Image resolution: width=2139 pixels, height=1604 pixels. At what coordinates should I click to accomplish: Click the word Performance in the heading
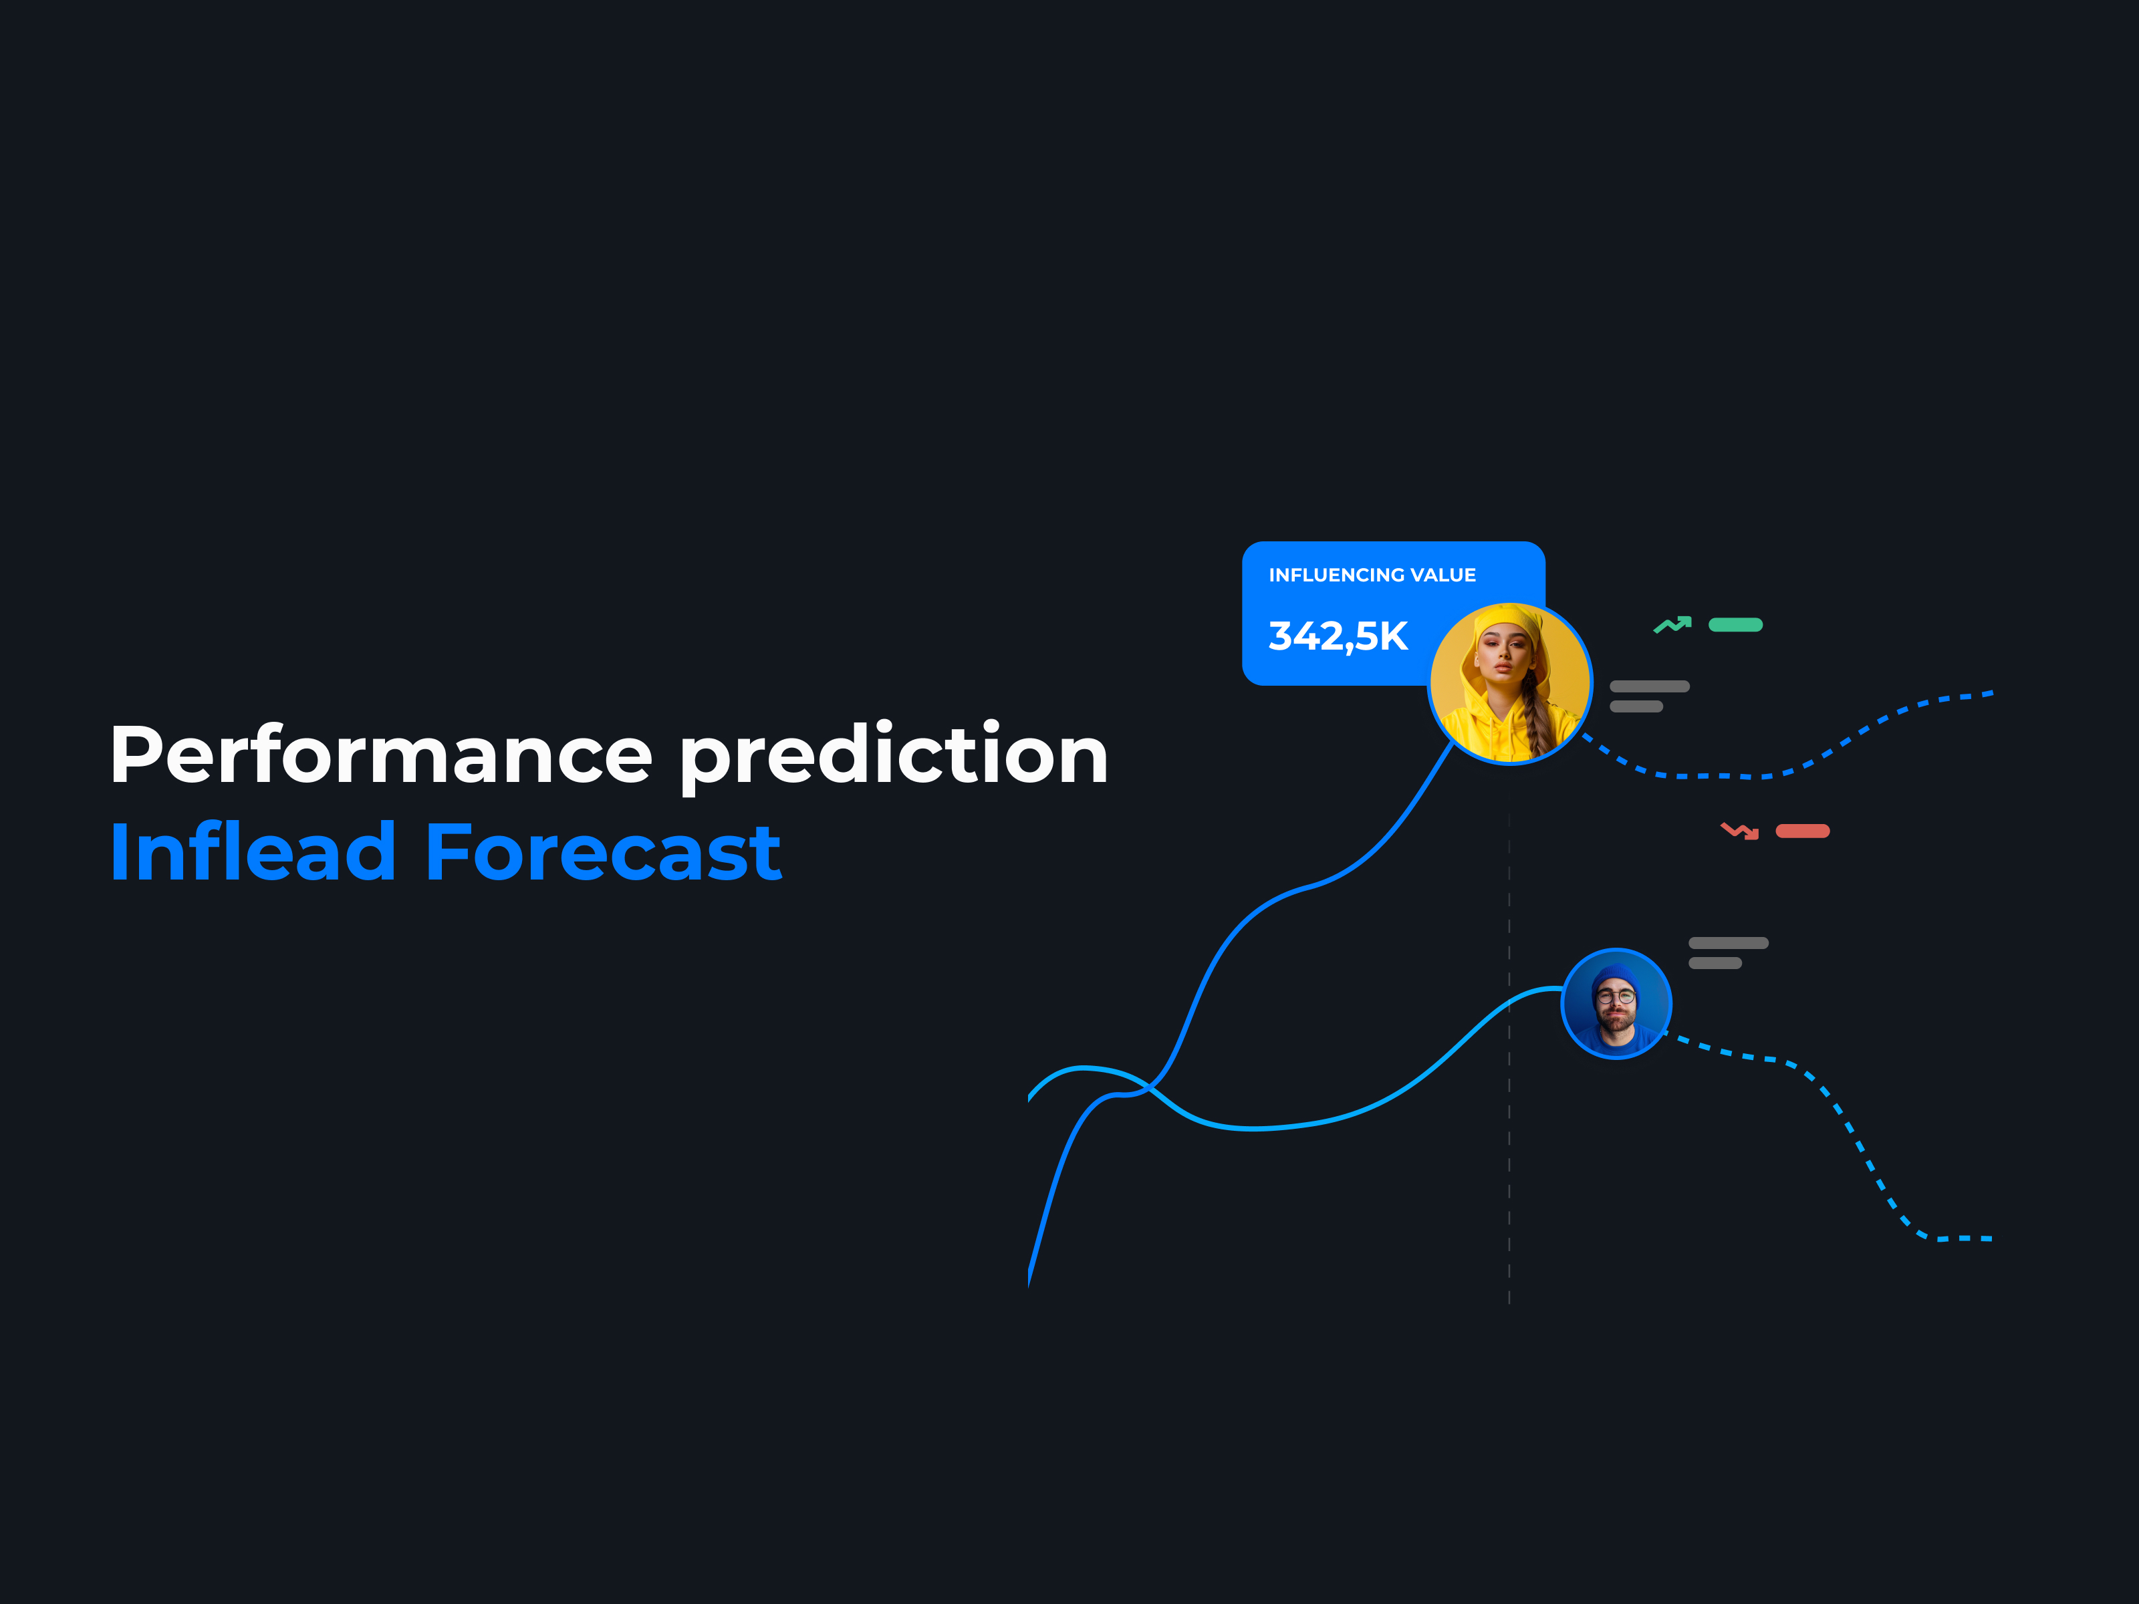[x=382, y=755]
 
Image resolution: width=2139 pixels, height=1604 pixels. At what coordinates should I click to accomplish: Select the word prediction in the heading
[x=894, y=758]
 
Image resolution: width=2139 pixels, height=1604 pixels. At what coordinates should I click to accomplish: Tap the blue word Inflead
[x=253, y=852]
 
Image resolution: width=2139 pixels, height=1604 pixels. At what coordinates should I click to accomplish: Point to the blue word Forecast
[x=604, y=853]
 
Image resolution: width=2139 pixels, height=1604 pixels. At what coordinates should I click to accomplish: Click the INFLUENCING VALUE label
[x=1372, y=575]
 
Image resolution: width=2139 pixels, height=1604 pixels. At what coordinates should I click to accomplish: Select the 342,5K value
[x=1338, y=636]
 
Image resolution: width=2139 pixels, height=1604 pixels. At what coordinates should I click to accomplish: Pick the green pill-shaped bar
[x=1736, y=625]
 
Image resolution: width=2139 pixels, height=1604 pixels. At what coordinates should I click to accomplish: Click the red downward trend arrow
[x=1740, y=831]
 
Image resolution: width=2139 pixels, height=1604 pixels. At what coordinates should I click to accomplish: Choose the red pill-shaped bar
[x=1803, y=831]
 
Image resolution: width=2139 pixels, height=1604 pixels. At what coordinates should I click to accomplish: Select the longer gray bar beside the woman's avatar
[x=1650, y=686]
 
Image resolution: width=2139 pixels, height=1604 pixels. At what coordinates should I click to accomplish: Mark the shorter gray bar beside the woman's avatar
[x=1636, y=707]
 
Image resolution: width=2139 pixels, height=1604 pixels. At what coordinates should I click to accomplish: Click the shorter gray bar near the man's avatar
[x=1715, y=963]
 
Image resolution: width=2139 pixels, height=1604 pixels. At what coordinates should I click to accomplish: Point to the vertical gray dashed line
[x=1509, y=1059]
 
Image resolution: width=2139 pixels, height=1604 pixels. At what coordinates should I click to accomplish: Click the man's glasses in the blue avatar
[x=1616, y=996]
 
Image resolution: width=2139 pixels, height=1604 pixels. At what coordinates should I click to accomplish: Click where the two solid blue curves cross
[x=1150, y=1087]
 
